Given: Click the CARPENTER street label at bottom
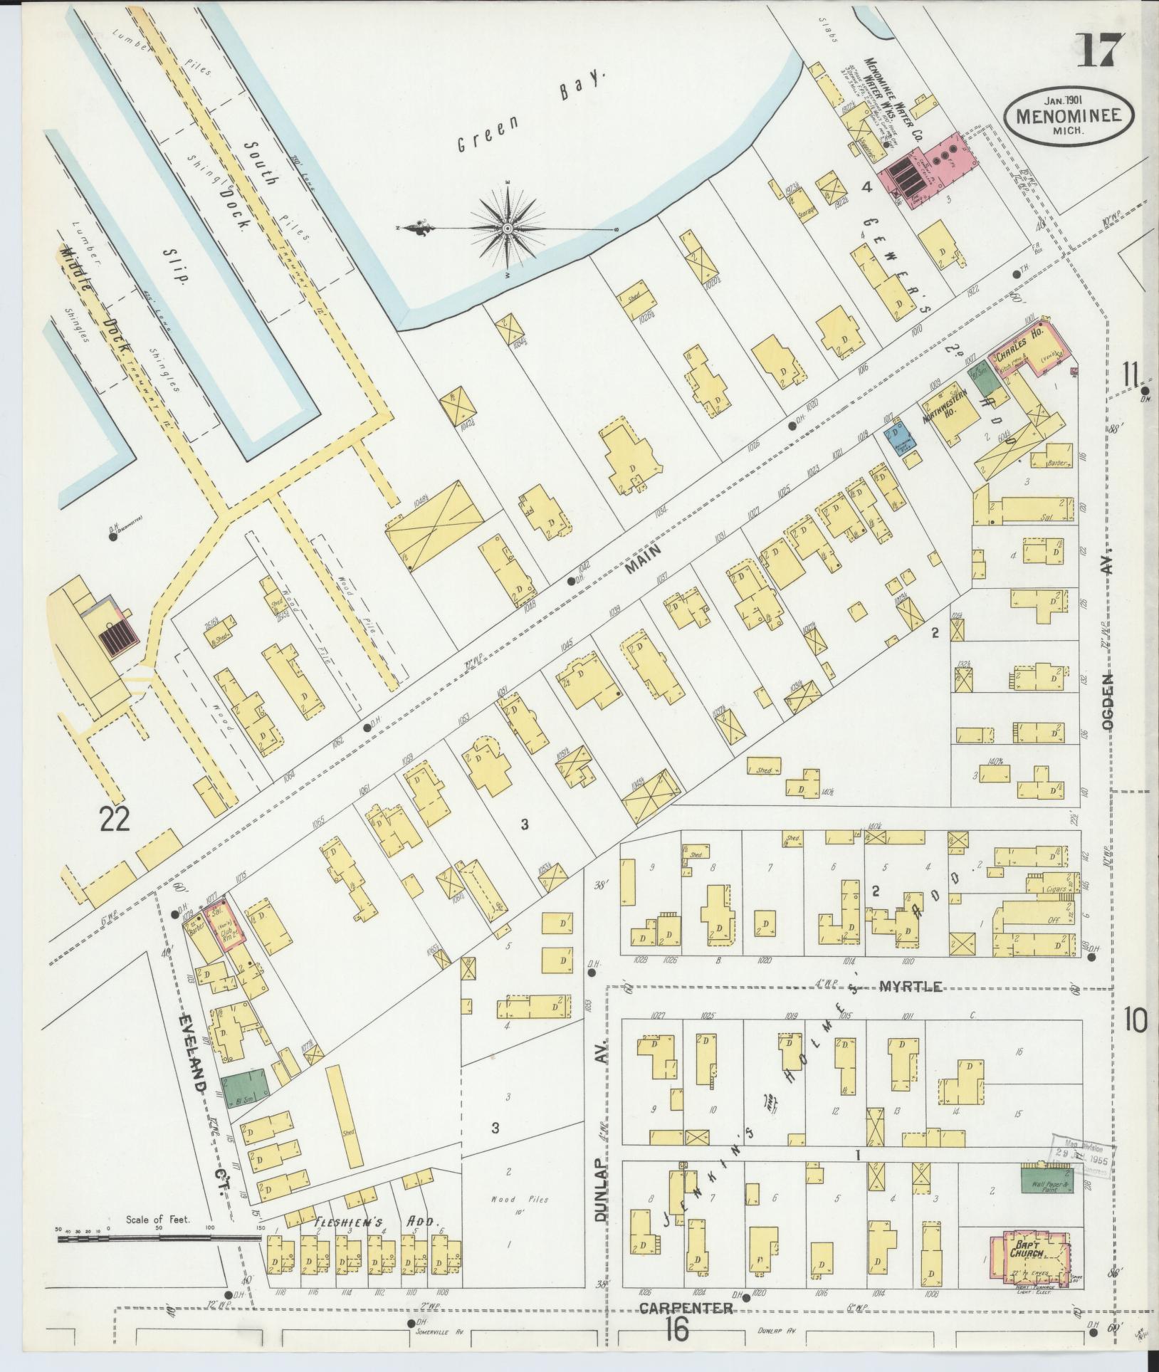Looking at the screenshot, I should click(686, 1308).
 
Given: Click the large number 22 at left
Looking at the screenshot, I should click(115, 821).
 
